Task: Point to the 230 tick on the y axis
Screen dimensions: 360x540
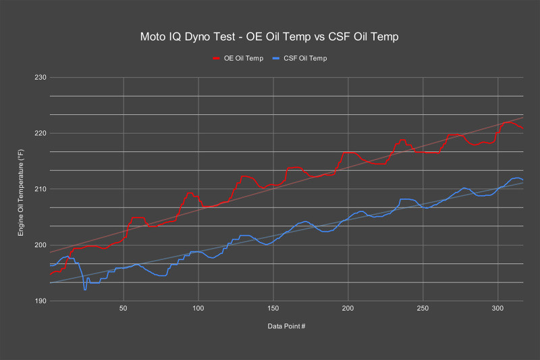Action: click(x=39, y=78)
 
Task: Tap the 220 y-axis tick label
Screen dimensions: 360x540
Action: click(x=39, y=133)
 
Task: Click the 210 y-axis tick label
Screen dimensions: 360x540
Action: click(x=39, y=189)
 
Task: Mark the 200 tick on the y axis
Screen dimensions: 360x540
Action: click(x=39, y=245)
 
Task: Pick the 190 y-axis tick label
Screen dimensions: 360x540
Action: click(x=39, y=301)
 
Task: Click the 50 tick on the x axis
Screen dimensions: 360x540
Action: click(x=124, y=309)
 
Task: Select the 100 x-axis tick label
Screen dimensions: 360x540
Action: click(x=198, y=309)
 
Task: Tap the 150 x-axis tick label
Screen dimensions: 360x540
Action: click(x=273, y=309)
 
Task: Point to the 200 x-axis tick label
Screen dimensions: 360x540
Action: click(x=348, y=309)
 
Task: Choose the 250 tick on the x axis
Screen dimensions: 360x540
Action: click(x=423, y=309)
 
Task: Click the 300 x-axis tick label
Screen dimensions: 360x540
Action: click(x=497, y=309)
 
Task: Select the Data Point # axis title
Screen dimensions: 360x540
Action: click(x=286, y=326)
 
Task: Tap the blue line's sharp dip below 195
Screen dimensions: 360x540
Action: click(x=85, y=289)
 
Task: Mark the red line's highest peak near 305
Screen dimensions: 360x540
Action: click(x=508, y=122)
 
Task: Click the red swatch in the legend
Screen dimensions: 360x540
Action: click(x=217, y=58)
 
